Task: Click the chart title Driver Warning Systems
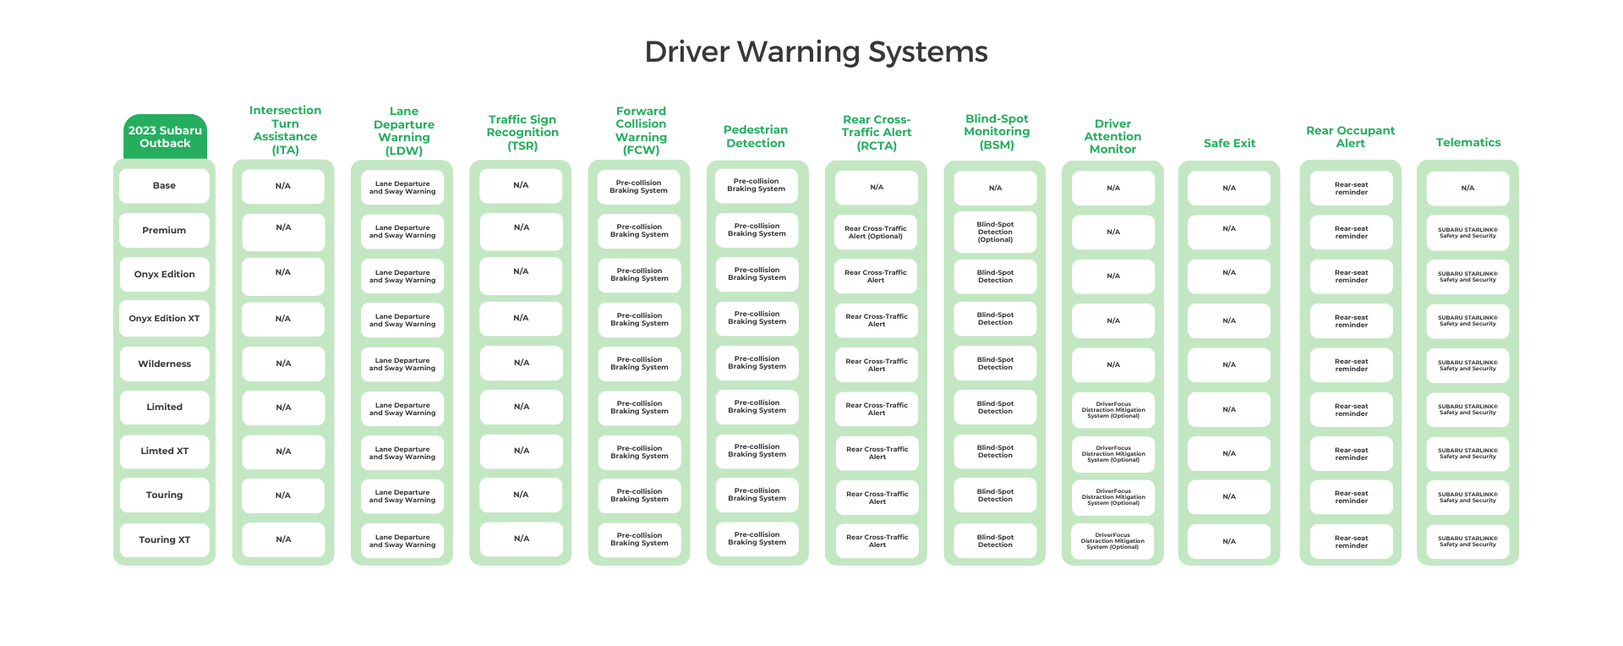coord(816,52)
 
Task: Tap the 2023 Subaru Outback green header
coord(165,137)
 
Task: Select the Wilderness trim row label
coord(164,364)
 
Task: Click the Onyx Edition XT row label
coord(164,319)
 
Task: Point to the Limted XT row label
coord(164,452)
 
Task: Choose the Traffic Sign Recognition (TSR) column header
coord(522,133)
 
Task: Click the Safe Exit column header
coord(1229,144)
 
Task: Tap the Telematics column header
coord(1467,143)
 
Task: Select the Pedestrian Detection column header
coord(756,137)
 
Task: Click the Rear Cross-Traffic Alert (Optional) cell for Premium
coord(876,232)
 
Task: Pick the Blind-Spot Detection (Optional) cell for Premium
coord(995,232)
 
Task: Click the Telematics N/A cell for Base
coord(1467,189)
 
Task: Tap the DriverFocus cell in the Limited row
coord(1113,410)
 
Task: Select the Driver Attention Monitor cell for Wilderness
coord(1113,365)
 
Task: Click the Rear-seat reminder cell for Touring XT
coord(1351,542)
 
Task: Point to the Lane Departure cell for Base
coord(402,188)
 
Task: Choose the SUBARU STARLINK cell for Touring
coord(1467,497)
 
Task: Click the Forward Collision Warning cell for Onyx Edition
coord(639,275)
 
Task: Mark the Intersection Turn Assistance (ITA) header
coord(285,130)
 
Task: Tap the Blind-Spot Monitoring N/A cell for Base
coord(995,189)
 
